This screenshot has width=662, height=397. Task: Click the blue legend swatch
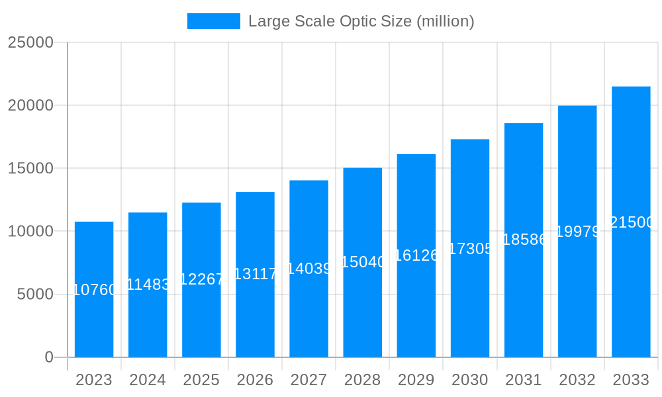pos(213,21)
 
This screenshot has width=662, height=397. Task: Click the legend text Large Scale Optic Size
pos(361,21)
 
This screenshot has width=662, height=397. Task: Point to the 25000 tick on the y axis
pos(30,42)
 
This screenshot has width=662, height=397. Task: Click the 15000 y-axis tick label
pos(30,168)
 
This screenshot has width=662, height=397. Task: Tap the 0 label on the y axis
pos(49,357)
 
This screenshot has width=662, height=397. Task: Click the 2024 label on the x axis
pos(148,380)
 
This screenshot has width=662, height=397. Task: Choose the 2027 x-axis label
pos(308,380)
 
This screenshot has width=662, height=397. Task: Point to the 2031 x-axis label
pos(524,380)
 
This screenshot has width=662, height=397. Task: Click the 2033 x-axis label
pos(631,380)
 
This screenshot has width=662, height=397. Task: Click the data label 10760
pos(94,290)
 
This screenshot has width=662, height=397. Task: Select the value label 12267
pos(201,279)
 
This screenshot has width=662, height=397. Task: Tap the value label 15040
pos(363,262)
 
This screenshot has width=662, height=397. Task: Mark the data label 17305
pos(470,249)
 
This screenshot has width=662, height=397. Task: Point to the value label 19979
pos(577,232)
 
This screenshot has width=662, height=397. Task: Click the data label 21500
pos(631,222)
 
